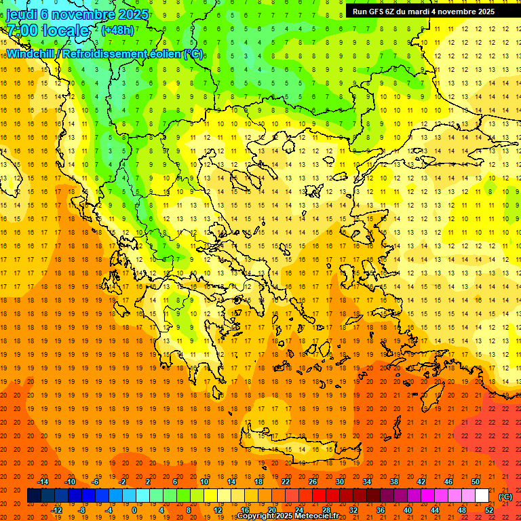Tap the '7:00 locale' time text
tap(47, 31)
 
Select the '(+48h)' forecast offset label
tap(117, 31)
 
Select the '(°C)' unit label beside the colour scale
tap(505, 496)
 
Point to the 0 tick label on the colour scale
tap(134, 510)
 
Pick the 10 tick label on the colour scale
tap(204, 481)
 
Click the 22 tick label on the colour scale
tap(286, 481)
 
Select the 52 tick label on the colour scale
tap(489, 510)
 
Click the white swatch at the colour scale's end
tap(482, 496)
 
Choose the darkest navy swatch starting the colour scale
tap(34, 496)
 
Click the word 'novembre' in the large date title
tap(85, 14)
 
